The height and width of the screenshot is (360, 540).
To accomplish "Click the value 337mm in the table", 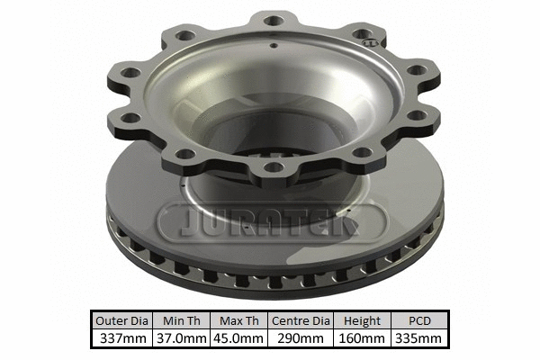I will coord(121,338).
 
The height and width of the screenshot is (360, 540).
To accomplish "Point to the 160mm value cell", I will coord(362,338).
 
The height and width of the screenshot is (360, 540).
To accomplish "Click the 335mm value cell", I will coord(418,338).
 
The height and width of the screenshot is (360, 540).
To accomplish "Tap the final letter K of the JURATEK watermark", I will coord(364,221).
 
